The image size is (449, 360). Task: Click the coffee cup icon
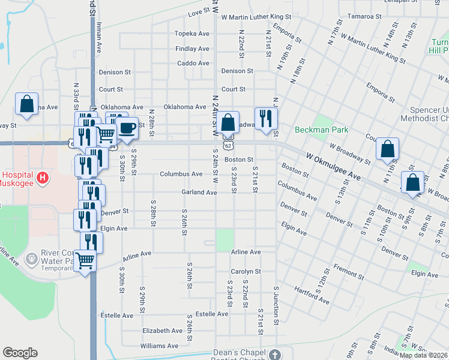(127, 127)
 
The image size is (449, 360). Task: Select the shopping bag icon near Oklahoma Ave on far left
(27, 104)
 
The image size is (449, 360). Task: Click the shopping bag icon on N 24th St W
(228, 122)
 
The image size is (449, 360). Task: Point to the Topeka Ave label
(191, 34)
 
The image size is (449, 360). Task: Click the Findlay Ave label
(192, 49)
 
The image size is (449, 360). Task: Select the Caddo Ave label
(193, 63)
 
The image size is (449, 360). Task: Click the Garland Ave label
(199, 193)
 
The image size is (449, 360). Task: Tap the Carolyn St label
(246, 271)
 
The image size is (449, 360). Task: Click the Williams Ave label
(160, 346)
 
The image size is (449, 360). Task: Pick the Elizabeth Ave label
(162, 331)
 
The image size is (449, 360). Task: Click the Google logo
(20, 353)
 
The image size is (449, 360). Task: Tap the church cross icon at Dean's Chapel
(274, 354)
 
